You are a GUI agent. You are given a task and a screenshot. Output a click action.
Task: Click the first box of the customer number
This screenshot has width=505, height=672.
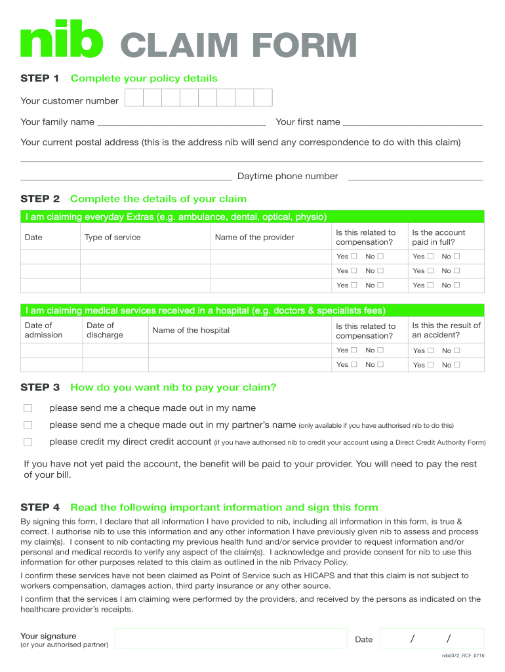tap(134, 98)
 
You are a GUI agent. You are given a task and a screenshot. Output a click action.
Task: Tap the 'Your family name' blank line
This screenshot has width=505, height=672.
tap(182, 123)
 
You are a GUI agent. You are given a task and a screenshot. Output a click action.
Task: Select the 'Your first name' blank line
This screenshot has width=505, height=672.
tap(413, 123)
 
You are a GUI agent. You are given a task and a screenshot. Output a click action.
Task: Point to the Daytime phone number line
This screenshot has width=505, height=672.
tap(414, 177)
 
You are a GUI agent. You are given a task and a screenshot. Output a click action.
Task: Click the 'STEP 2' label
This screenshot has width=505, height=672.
tap(40, 199)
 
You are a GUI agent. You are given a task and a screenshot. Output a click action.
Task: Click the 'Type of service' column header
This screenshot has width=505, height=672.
tap(113, 238)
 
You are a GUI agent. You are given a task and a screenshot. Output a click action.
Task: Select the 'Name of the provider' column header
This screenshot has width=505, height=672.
tap(254, 238)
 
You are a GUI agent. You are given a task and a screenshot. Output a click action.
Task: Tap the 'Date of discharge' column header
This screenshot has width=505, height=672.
tap(105, 330)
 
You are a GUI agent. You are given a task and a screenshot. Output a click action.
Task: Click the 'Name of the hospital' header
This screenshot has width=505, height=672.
tap(191, 330)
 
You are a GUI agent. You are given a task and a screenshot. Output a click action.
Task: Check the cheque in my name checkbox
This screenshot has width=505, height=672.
tap(28, 408)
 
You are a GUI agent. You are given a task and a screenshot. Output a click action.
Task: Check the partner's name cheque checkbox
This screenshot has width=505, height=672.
tap(28, 425)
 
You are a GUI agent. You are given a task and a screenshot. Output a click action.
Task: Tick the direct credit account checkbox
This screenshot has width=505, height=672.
tap(28, 442)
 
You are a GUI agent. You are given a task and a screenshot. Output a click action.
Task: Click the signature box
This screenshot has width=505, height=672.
tap(231, 639)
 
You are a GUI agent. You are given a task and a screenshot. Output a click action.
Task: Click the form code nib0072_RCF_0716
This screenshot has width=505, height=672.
tap(463, 656)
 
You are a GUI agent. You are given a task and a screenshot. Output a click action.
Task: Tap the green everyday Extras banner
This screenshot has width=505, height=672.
tap(253, 217)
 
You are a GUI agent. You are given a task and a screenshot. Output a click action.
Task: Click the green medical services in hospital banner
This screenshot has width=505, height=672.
tap(253, 310)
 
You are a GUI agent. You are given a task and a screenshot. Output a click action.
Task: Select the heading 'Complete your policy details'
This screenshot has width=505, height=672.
tap(144, 79)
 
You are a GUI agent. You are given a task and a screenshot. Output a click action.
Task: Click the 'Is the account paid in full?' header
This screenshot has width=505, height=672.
tap(438, 238)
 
